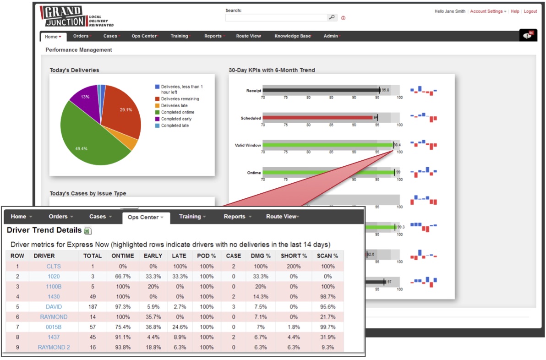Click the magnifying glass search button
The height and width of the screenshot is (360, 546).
[x=332, y=17]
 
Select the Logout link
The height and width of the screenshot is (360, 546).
[x=530, y=11]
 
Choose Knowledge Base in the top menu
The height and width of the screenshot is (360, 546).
[x=292, y=36]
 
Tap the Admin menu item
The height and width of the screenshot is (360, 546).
[x=331, y=36]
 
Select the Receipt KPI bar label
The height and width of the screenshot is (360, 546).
[x=253, y=91]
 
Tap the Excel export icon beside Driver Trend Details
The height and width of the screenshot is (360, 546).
[x=88, y=230]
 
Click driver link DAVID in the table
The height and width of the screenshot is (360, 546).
[x=54, y=307]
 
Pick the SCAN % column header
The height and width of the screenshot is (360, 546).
[x=327, y=256]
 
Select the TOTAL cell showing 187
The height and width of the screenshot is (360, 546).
[x=92, y=307]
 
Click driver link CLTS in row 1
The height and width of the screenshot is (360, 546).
[x=54, y=267]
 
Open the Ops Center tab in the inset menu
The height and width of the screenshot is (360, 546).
[x=146, y=217]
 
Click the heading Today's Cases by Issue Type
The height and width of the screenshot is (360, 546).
[x=88, y=193]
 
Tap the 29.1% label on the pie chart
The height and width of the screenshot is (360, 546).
[x=126, y=110]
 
